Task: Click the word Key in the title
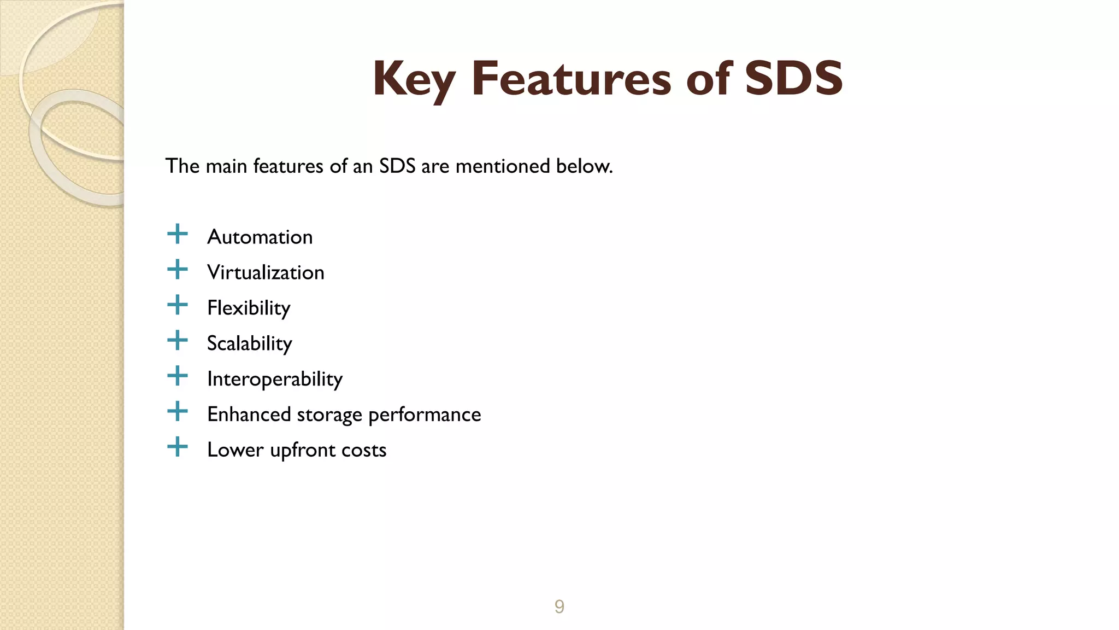414,79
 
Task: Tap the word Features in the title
571,79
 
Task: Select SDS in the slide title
793,79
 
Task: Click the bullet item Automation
260,237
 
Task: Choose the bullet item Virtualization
266,272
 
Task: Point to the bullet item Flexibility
249,308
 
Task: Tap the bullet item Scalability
250,343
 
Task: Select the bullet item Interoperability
275,379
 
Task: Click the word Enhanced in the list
249,415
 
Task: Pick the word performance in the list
425,415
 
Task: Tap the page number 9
559,606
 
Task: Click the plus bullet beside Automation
178,234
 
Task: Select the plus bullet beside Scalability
178,341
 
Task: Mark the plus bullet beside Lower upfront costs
178,447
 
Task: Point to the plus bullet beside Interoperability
178,376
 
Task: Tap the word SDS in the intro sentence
397,166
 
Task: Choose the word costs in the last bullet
364,450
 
